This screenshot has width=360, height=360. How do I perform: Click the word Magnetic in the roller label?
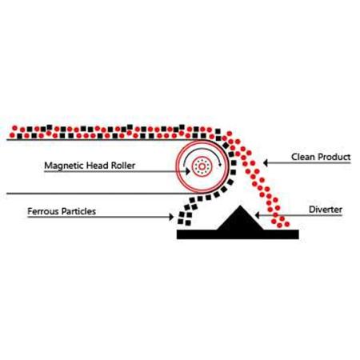point(60,166)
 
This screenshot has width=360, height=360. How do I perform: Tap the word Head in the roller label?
point(90,166)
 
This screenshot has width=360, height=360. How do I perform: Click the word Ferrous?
point(43,211)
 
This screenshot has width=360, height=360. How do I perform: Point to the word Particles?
point(78,211)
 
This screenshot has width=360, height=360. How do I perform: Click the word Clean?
point(303,157)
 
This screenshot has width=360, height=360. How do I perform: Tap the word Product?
point(334,157)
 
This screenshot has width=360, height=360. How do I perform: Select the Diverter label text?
point(326,210)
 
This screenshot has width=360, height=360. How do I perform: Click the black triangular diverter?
point(240,218)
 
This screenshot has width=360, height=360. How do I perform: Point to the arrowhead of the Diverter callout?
point(258,215)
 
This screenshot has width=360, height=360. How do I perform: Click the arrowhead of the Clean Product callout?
point(266,162)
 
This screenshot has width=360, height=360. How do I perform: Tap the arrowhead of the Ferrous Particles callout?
point(171,217)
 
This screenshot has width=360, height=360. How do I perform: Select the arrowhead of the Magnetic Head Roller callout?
point(188,171)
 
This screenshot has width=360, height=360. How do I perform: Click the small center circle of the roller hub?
point(202,166)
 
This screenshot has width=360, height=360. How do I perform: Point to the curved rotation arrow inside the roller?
point(202,149)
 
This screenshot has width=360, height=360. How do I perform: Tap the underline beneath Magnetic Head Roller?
point(116,171)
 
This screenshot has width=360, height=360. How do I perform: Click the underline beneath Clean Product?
point(307,162)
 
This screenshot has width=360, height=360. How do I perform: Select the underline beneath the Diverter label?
point(299,215)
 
